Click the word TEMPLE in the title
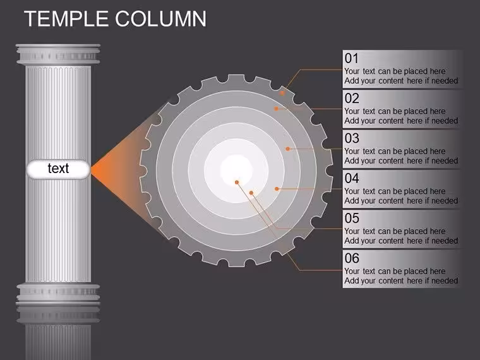tap(66, 19)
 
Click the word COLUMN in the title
tap(160, 19)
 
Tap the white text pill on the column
tap(58, 169)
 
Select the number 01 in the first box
tap(351, 58)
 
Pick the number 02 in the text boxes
tap(352, 99)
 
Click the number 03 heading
tap(352, 138)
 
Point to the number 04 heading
tap(352, 178)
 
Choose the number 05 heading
tap(352, 219)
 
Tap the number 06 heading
tap(352, 258)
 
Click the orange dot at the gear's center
tap(237, 183)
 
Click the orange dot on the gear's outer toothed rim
tap(282, 93)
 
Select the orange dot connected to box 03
tap(287, 149)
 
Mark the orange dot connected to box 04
tap(277, 189)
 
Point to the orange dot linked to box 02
tap(276, 109)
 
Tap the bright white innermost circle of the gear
tap(236, 169)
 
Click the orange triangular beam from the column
tap(123, 169)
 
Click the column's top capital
tap(58, 54)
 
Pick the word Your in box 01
tap(352, 71)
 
